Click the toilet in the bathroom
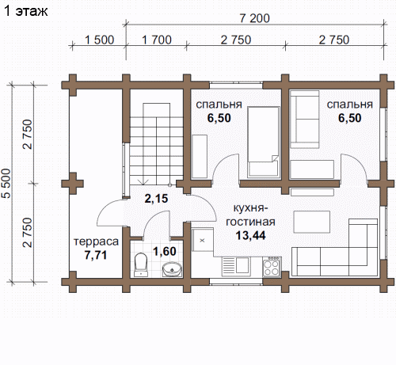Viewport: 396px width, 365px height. [x=141, y=264]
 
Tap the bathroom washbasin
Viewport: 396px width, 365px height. [x=172, y=269]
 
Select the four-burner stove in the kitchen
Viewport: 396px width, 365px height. [x=272, y=267]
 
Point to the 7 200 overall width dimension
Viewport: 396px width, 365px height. [x=254, y=18]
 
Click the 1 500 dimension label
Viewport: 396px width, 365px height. [x=99, y=40]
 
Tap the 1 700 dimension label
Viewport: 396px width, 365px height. [x=157, y=40]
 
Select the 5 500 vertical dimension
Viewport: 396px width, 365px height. [x=6, y=183]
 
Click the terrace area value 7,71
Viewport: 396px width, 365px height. [x=96, y=255]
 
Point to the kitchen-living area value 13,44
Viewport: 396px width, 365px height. [x=250, y=235]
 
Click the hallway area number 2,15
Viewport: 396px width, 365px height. [x=156, y=199]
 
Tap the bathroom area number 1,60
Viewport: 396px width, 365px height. [x=165, y=251]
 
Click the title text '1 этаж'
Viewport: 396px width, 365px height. [x=26, y=11]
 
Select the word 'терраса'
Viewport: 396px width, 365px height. [x=96, y=241]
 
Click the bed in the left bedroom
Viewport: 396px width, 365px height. [x=263, y=142]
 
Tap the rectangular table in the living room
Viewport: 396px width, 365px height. [x=312, y=222]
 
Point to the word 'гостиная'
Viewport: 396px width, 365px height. [x=250, y=222]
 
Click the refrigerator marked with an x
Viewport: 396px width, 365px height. [x=202, y=240]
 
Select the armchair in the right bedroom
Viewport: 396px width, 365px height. [x=305, y=119]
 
